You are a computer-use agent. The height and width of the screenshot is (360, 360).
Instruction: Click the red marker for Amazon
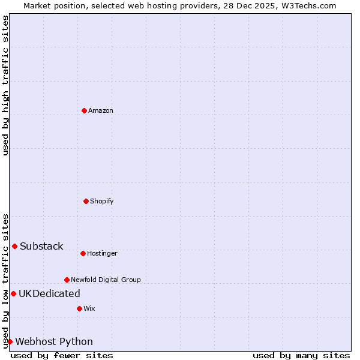84,110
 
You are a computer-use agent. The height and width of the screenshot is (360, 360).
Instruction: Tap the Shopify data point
86,201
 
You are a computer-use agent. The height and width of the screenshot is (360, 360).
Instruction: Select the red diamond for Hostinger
83,253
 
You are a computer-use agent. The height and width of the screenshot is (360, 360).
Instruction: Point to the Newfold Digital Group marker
67,280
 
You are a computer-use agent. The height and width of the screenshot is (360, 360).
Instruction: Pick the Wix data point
79,308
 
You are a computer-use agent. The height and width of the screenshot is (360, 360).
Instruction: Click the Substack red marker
14,246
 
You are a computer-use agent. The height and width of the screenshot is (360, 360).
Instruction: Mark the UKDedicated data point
13,293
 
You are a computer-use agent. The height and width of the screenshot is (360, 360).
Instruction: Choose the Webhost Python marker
10,341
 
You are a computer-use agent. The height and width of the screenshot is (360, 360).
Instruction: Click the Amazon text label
101,110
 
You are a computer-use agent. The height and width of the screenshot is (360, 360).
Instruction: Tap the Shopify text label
102,201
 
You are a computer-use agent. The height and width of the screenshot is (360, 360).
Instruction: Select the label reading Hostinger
102,253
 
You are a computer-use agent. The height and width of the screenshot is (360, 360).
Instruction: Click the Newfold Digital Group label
106,280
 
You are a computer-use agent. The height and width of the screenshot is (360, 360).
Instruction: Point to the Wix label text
89,308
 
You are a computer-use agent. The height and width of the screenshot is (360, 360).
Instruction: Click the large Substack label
41,246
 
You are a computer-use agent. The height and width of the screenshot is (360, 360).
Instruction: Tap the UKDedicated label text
49,293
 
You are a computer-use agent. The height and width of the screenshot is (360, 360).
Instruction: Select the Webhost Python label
54,341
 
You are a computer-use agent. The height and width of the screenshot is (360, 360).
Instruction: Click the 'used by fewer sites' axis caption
62,355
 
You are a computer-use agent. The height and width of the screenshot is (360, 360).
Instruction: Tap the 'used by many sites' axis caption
301,355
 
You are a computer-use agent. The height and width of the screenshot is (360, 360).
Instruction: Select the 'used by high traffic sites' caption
5,85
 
